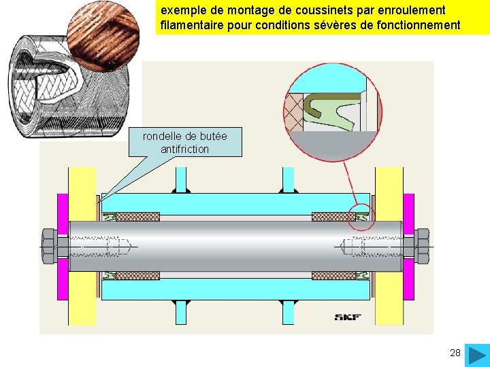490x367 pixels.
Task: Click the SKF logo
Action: (x=348, y=317)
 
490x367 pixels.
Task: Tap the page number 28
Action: (x=455, y=353)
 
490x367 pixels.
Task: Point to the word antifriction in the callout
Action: (x=184, y=149)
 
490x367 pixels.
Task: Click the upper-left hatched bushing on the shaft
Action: (x=138, y=217)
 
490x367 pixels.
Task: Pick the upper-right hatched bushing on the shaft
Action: (x=333, y=217)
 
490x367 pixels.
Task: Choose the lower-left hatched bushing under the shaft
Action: (x=138, y=276)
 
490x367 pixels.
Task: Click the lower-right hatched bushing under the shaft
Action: (x=333, y=276)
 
